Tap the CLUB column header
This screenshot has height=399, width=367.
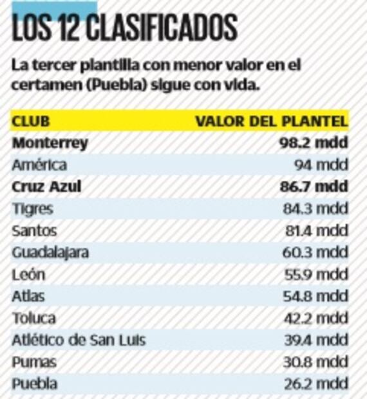pos(31,121)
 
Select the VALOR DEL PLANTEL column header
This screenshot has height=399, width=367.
pos(272,121)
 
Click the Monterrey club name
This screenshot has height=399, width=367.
pos(50,143)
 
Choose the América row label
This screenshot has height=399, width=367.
pos(39,165)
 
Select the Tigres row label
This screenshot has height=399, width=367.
pos(32,209)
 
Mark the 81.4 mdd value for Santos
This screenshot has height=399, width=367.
pos(315,230)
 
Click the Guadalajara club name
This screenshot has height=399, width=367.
pos(50,252)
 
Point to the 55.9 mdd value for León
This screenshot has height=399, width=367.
pos(315,274)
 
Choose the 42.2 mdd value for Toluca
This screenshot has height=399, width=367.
pos(315,318)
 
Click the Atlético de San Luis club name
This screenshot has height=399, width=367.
pos(79,340)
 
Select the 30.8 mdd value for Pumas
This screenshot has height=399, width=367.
pos(315,362)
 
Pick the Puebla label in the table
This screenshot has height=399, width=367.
pos(35,384)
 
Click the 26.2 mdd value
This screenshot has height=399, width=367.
pos(315,384)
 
